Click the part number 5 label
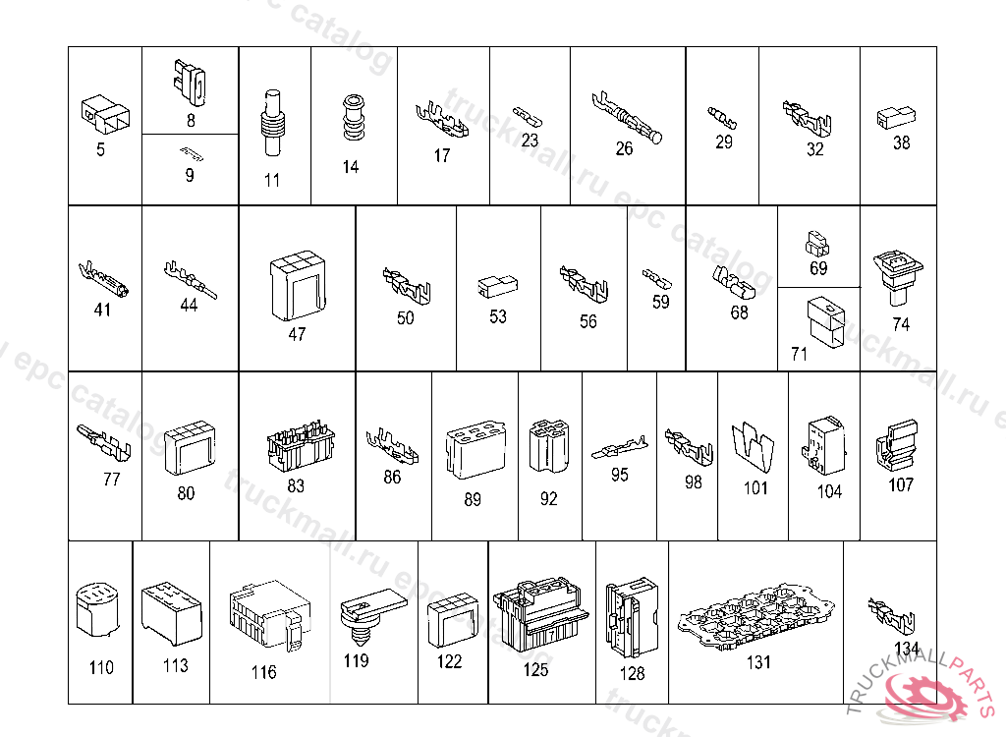coord(100,149)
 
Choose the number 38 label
coord(901,142)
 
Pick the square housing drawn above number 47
coord(297,286)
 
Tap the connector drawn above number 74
coord(898,276)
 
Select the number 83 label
coord(296,485)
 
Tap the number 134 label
coord(907,649)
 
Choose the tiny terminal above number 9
coord(191,153)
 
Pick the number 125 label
coord(535,671)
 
